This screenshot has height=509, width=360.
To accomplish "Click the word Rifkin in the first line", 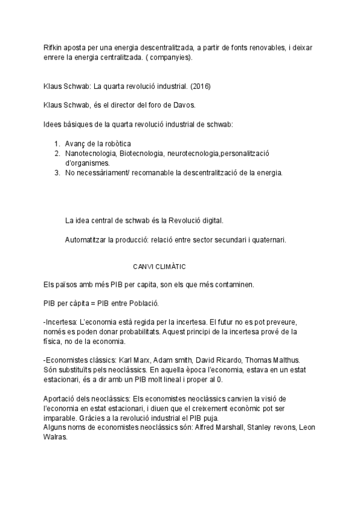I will pyautogui.click(x=53, y=47).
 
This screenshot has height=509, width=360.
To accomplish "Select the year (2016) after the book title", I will pyautogui.click(x=200, y=86).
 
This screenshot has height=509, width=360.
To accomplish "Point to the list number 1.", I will pyautogui.click(x=56, y=143).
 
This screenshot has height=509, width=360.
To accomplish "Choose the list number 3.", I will pyautogui.click(x=56, y=173).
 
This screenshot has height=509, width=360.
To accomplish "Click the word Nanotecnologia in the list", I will pyautogui.click(x=91, y=154).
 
